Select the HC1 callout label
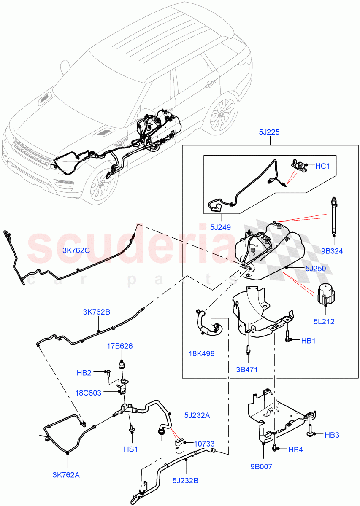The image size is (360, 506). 322,167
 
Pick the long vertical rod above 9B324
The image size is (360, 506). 333,217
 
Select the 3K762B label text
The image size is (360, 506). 96,312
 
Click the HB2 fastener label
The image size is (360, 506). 84,373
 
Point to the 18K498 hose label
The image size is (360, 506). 202,354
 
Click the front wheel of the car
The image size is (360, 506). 102,182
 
